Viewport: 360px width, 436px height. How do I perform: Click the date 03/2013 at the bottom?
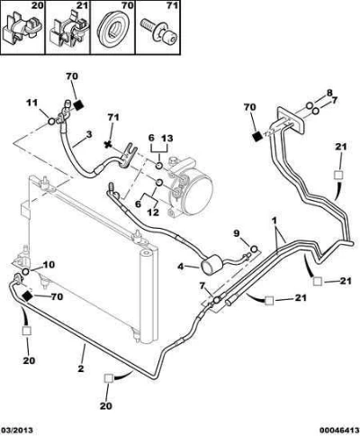tap(16, 431)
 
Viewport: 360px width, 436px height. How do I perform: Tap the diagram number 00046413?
tap(339, 431)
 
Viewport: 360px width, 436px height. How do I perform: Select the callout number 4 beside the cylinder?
tap(181, 267)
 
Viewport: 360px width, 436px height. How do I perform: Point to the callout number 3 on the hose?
tap(89, 134)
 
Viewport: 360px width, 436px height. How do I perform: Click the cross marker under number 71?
tap(108, 145)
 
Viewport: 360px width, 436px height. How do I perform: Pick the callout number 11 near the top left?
tap(32, 103)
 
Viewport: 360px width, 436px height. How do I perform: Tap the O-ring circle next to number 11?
tap(51, 122)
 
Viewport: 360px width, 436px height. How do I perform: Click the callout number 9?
tap(237, 232)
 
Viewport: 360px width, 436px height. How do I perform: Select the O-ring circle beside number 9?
tap(254, 249)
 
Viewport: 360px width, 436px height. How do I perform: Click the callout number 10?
tap(49, 265)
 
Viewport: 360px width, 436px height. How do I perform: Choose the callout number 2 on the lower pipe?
tap(81, 368)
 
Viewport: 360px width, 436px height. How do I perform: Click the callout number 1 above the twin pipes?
tap(274, 221)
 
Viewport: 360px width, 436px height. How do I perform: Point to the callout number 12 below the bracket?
tap(153, 212)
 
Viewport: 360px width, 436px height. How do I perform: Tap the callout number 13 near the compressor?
tap(167, 138)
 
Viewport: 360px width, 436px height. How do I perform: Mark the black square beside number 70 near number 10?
tap(27, 296)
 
